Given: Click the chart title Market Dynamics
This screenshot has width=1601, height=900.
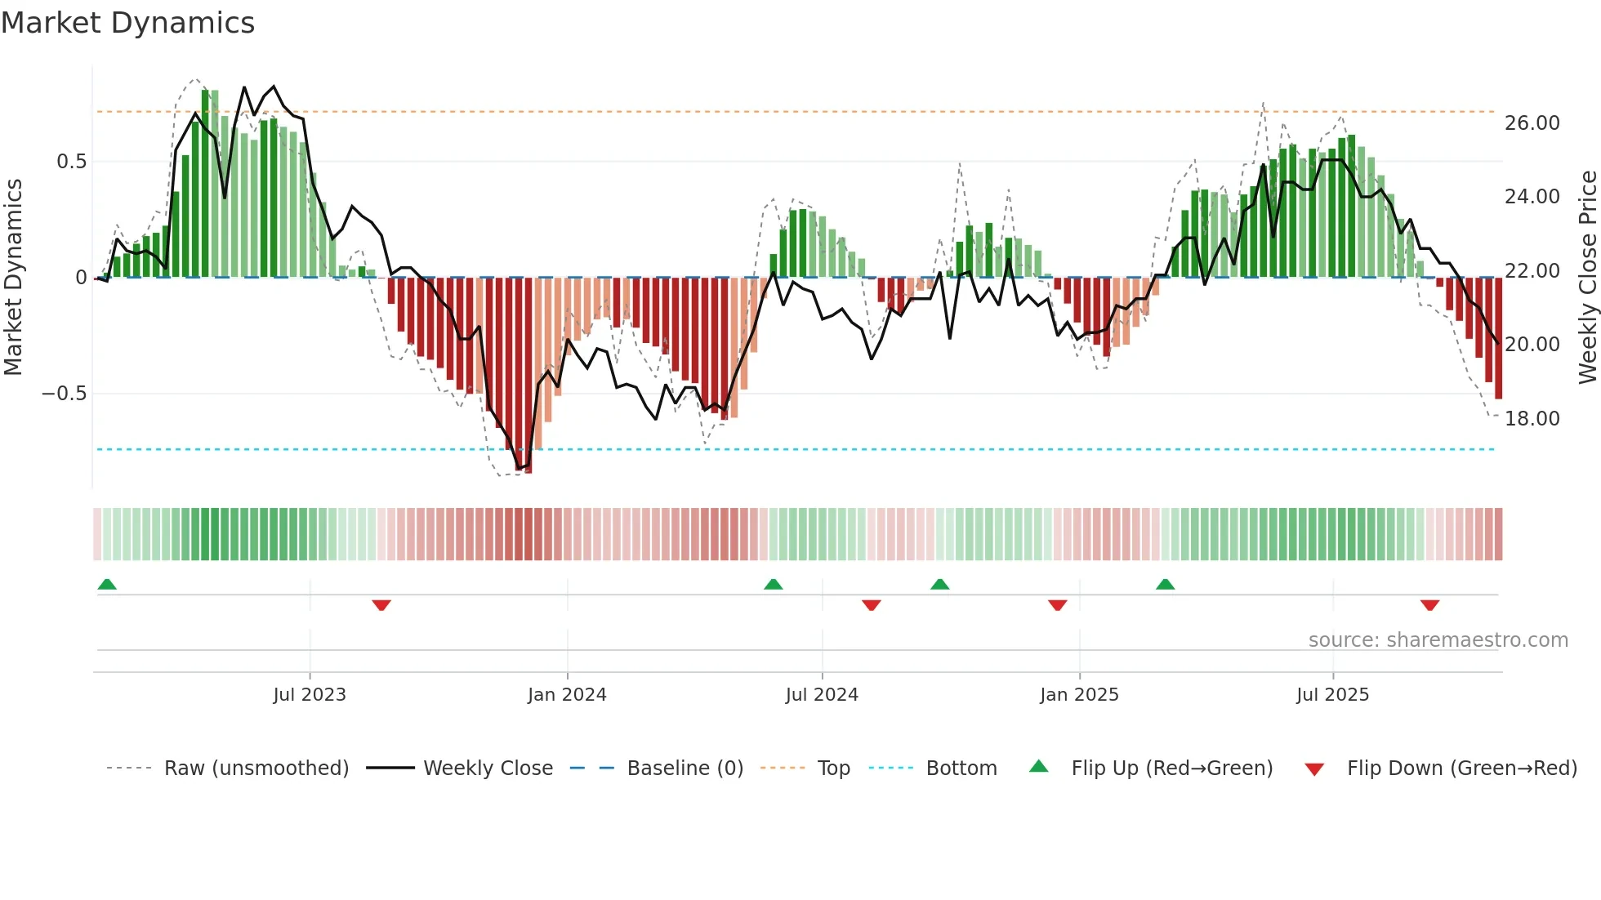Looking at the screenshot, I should tap(128, 23).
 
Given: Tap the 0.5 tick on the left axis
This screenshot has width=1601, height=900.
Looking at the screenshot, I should tap(71, 162).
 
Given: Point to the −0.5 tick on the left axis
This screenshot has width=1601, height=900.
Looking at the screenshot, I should tap(64, 394).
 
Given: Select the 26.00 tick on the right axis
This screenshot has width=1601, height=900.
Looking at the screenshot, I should tap(1532, 123).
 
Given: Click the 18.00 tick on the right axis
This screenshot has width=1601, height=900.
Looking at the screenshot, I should tap(1532, 419).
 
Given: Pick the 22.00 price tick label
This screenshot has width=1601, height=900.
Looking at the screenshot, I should tap(1532, 271).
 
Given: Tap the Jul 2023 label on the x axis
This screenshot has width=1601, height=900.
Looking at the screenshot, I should tap(310, 695).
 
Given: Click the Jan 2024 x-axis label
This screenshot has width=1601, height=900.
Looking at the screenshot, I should tap(567, 695).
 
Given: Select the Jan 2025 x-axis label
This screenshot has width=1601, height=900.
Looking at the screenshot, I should tap(1079, 695).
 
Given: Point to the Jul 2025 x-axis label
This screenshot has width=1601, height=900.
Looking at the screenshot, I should tap(1332, 695).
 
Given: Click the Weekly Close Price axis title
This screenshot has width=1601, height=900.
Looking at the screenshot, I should tap(1587, 277).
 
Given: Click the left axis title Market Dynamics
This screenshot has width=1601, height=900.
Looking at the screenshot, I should tap(13, 277).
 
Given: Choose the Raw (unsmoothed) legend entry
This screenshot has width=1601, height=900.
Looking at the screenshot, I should tap(256, 769).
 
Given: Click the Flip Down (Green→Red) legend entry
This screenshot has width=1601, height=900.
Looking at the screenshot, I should tap(1461, 769).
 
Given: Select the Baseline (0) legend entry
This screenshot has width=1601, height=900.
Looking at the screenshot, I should tap(685, 769).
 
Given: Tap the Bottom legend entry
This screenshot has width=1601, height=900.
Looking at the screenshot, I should tap(961, 769).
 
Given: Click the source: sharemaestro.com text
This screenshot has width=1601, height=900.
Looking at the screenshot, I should tap(1438, 640).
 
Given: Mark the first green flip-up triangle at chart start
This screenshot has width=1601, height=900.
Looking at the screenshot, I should tap(107, 584).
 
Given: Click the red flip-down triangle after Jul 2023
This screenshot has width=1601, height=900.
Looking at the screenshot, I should tap(381, 605).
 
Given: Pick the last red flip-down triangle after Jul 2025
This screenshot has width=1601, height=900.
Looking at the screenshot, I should tap(1429, 605).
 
